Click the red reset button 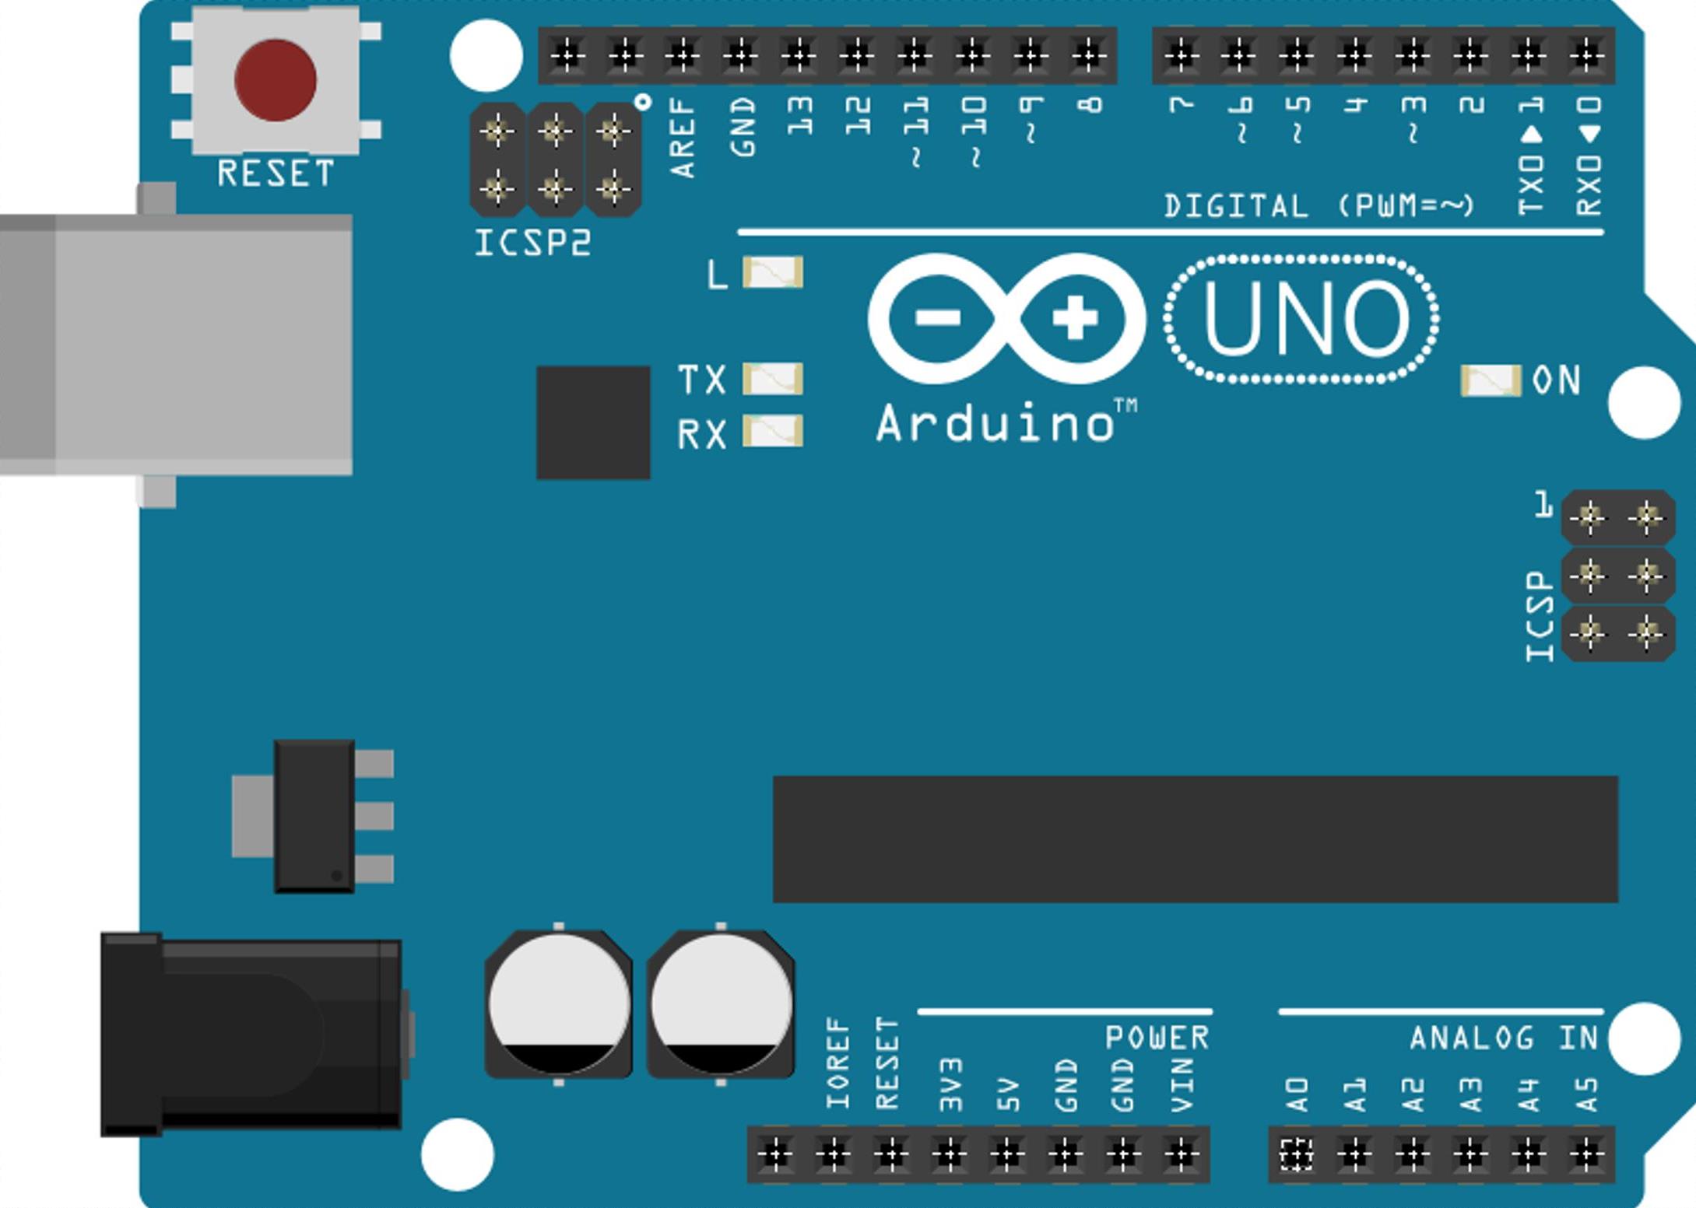[276, 80]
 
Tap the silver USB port [176, 345]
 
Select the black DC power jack [251, 1035]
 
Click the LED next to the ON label [1491, 380]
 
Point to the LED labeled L [773, 272]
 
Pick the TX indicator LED [773, 379]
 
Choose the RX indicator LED [773, 431]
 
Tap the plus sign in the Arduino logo [1075, 317]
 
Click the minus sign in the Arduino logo [938, 317]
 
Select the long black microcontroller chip [1196, 839]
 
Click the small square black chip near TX [593, 422]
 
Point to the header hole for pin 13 [799, 54]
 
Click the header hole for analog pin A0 [1296, 1154]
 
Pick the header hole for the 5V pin [1007, 1154]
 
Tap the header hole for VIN [1181, 1154]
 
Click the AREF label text [682, 138]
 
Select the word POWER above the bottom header [1157, 1038]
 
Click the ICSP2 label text [533, 243]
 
